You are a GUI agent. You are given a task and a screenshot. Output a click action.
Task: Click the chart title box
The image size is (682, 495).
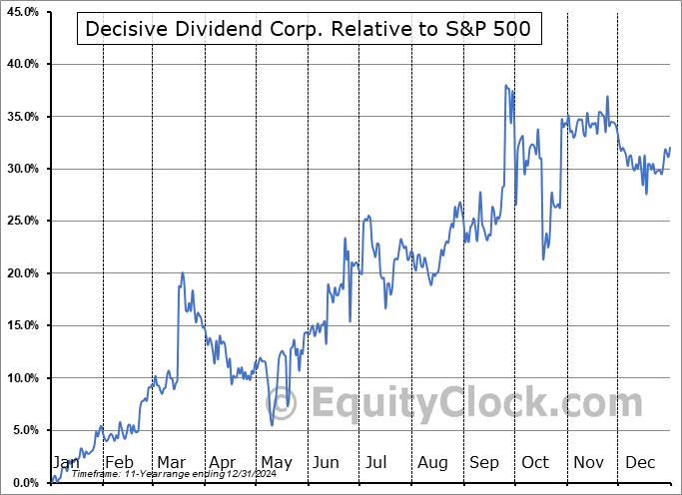(310, 29)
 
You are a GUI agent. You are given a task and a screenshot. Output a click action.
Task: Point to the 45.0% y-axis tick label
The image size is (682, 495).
(21, 12)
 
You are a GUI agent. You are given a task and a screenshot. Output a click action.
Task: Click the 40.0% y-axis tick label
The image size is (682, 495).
(21, 64)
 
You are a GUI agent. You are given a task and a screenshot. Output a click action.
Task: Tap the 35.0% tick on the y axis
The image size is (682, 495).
(21, 117)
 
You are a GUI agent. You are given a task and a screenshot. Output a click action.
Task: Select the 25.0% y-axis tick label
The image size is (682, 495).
(21, 222)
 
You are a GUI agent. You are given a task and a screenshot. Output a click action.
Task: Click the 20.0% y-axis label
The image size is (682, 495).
(21, 273)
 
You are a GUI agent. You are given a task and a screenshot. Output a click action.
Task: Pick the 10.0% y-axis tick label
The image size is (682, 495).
(21, 378)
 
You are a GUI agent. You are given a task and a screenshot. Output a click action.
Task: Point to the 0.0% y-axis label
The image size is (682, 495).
(24, 483)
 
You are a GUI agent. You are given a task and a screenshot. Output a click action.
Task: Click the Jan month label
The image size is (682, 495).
(66, 463)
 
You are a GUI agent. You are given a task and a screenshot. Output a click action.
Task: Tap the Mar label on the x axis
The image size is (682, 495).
(171, 463)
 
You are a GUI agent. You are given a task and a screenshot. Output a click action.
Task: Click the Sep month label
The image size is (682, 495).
(485, 463)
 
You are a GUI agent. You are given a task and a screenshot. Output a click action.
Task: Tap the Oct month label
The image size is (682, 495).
(536, 463)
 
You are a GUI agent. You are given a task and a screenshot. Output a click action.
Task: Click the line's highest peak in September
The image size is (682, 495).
(506, 86)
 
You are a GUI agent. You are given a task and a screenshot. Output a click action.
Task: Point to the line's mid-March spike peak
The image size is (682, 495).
(182, 272)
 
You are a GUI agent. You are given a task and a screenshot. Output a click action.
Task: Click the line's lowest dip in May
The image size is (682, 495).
(273, 425)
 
